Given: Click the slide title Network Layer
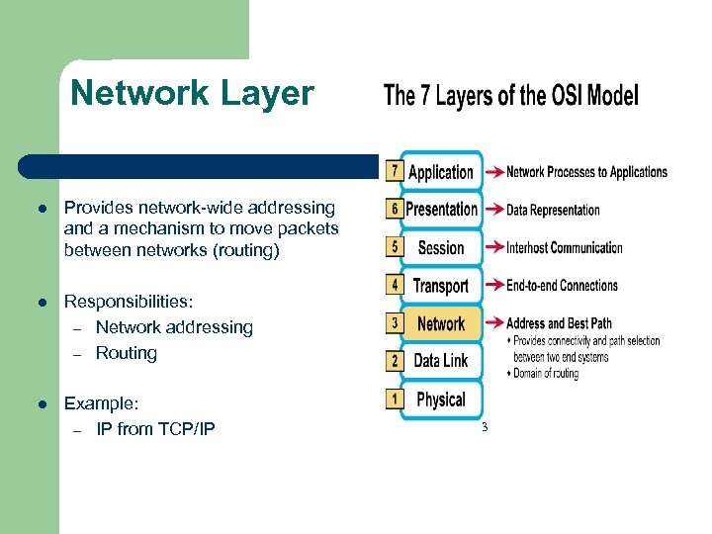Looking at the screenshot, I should point(192,93).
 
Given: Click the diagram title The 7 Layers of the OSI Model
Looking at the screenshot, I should point(510,96).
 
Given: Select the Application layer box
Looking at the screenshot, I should point(441,172).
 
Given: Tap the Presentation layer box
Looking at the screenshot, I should point(441,210).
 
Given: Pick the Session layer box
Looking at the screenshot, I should point(441,248).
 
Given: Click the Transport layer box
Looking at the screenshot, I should point(441,286).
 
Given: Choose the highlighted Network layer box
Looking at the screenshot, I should point(441,323).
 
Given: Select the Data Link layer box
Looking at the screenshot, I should point(441,361).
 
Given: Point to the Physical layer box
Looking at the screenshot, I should point(441,400).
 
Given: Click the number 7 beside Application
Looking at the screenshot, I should point(395,171).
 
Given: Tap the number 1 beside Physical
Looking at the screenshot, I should point(395,400).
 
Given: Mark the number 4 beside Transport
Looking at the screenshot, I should point(395,286).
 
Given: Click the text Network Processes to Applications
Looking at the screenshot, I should point(586,172).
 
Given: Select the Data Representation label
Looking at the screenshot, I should point(553,210).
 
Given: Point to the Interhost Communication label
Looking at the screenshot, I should point(564,248).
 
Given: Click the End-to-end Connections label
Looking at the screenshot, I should point(562,286).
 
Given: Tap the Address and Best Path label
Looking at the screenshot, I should point(559,323).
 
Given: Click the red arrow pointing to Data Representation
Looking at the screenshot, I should point(491,210).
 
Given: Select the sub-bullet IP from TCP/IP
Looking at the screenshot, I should point(155,429).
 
